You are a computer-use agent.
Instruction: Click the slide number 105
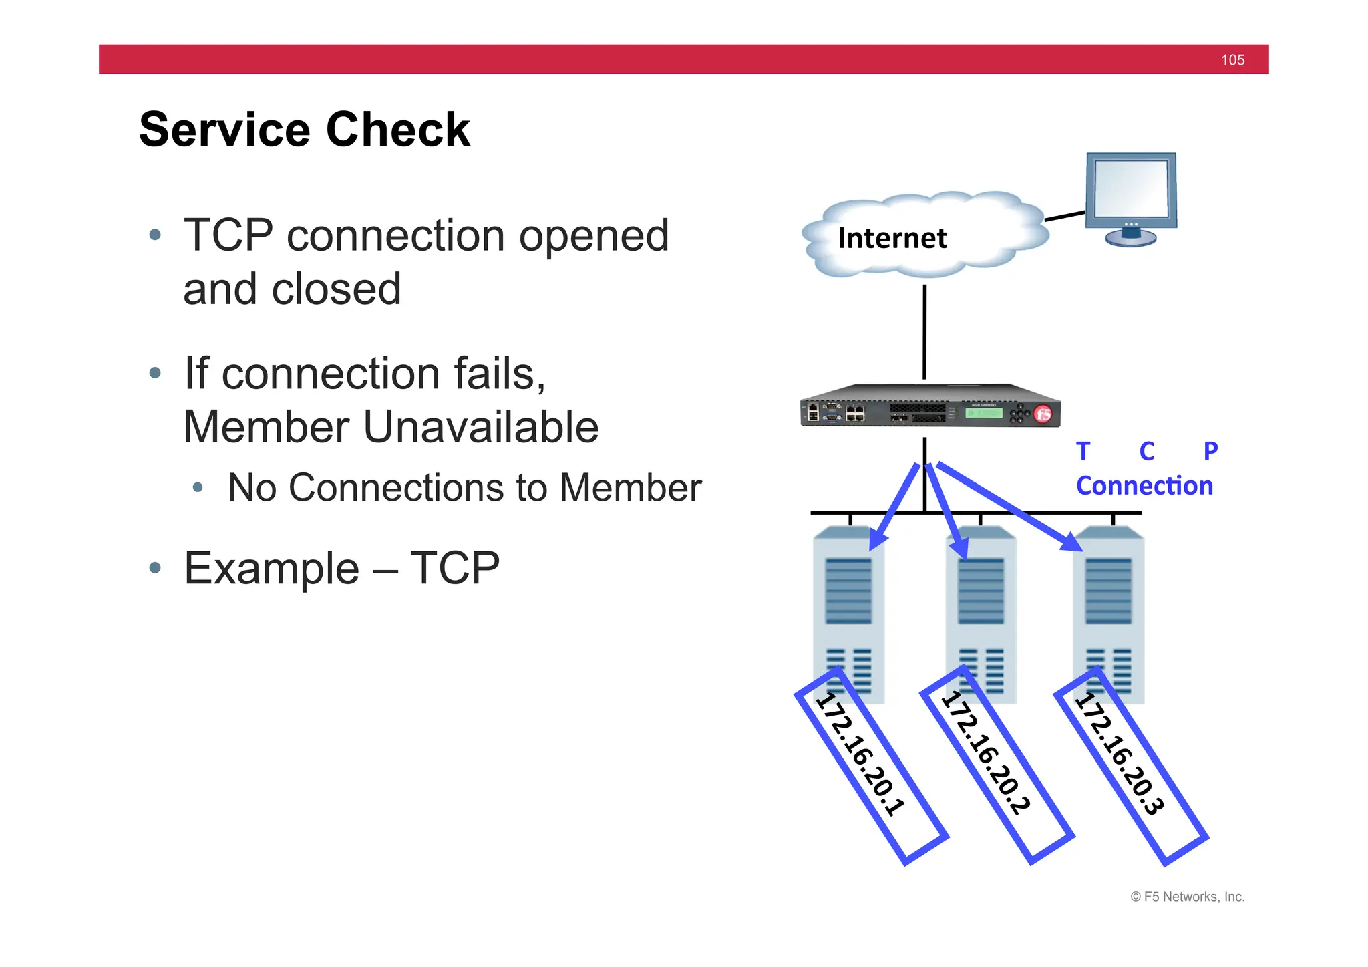coord(1232,60)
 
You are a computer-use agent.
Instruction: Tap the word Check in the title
coord(398,130)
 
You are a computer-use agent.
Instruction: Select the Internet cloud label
coord(892,239)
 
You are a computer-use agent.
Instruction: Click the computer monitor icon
coord(1131,194)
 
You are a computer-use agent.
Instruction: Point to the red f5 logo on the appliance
coord(1043,414)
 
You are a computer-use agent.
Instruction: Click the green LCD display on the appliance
coord(984,414)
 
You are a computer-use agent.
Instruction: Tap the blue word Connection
coord(1144,486)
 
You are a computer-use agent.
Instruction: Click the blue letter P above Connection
coord(1210,452)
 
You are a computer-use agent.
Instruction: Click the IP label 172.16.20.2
coord(986,754)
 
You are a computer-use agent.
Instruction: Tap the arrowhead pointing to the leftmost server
coord(877,540)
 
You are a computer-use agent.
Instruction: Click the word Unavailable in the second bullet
coord(481,427)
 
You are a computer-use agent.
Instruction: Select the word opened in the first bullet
coord(594,236)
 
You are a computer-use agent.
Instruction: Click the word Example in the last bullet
coord(272,569)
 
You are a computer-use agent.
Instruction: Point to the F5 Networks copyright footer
coord(1187,897)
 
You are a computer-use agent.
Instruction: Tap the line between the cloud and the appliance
coord(924,332)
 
